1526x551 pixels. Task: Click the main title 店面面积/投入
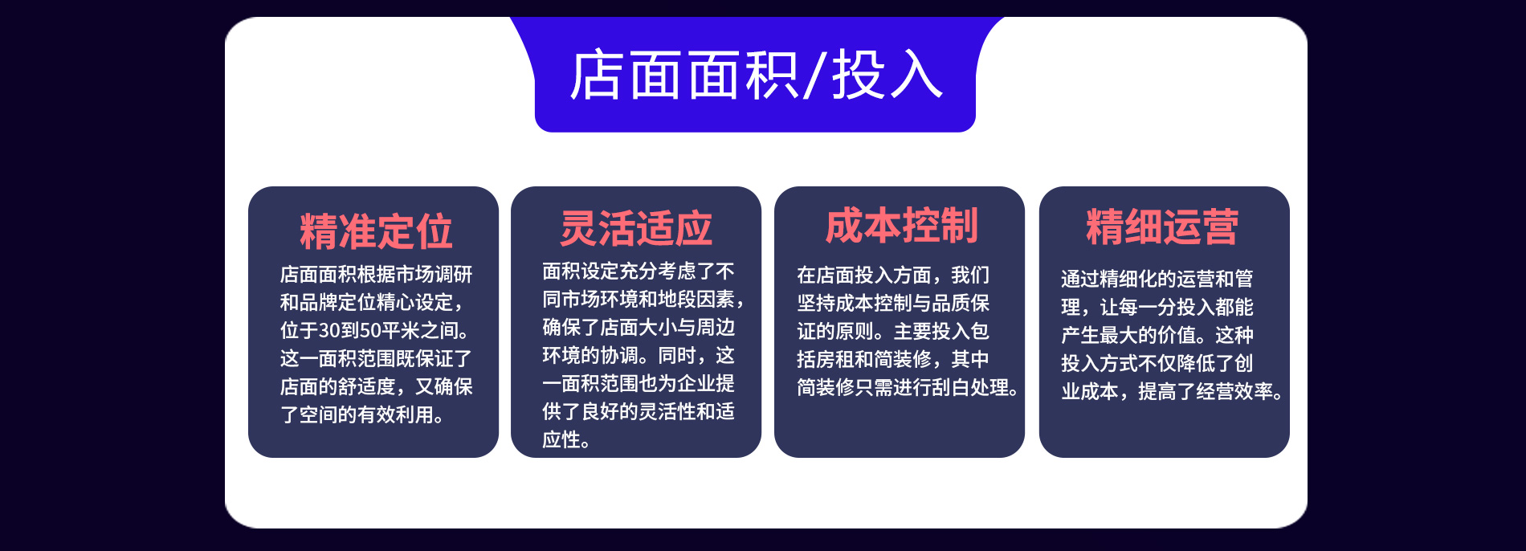coord(756,76)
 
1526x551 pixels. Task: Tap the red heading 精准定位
coord(376,231)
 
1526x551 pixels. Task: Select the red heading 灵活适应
coord(636,228)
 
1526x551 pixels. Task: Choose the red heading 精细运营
coord(1162,227)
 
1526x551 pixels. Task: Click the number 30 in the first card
coord(329,331)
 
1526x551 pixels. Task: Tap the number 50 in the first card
coord(370,331)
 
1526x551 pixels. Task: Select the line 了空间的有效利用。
coord(361,415)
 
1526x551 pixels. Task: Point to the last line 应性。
coord(566,440)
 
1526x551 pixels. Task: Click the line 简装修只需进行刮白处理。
coord(908,388)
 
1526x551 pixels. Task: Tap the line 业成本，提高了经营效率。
coord(1172,392)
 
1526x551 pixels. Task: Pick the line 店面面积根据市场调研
coord(376,275)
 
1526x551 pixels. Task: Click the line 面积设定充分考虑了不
coord(639,271)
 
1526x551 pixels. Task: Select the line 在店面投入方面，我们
coord(893,275)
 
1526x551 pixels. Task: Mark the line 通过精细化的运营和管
coord(1157,279)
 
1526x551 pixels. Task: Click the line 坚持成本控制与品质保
coord(893,304)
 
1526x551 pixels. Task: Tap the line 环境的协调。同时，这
coord(639,356)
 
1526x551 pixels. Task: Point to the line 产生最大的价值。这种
coord(1157,335)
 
